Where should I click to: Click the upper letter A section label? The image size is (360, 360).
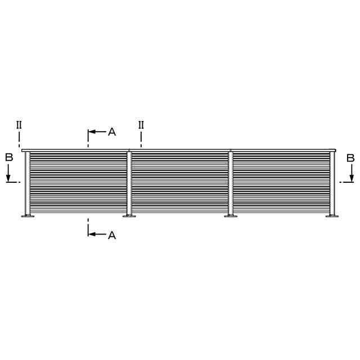tap(112, 132)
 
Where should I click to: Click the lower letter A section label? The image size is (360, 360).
tap(112, 235)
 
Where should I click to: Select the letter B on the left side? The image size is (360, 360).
tap(9, 157)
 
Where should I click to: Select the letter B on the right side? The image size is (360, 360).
tap(350, 158)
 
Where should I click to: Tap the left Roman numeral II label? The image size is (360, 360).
tap(19, 125)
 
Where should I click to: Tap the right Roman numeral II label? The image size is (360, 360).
tap(141, 125)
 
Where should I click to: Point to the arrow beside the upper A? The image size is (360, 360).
tap(97, 132)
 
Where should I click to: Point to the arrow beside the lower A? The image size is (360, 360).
tap(97, 234)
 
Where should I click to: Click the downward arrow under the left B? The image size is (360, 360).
tap(8, 173)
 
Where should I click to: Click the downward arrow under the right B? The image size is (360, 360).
tap(352, 173)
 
